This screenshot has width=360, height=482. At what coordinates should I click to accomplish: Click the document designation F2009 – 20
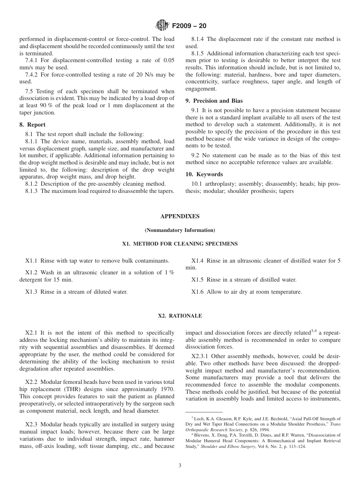pos(189,26)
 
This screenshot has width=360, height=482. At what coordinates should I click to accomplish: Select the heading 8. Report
pos(32,125)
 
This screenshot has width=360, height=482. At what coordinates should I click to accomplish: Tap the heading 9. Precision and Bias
pos(214,101)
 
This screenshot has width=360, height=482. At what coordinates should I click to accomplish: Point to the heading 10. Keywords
pos(204,174)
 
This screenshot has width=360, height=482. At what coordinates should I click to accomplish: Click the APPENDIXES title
pos(180,216)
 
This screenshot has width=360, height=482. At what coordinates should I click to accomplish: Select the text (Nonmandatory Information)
pos(180,230)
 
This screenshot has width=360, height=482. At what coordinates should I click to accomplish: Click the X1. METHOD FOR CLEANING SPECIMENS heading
pos(180,244)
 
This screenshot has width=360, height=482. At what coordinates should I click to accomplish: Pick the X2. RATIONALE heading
pos(180,316)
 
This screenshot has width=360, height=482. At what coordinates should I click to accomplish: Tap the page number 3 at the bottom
pos(180,466)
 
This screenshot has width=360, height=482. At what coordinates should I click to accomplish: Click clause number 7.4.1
pos(33,61)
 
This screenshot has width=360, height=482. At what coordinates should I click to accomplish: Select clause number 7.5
pos(30,92)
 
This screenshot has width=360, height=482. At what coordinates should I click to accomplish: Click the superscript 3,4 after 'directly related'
pos(314,331)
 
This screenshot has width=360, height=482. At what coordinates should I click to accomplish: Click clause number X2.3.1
pos(200,356)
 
